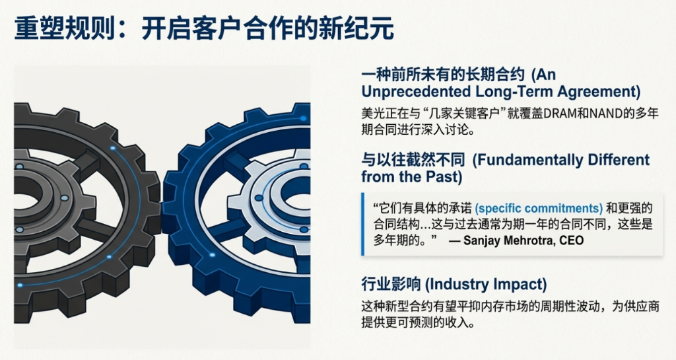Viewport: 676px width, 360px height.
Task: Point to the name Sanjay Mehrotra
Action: coord(503,240)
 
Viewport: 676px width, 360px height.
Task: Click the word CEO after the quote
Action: coord(572,240)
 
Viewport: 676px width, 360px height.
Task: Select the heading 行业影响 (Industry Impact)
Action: coord(454,285)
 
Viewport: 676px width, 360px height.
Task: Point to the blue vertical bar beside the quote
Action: coord(363,224)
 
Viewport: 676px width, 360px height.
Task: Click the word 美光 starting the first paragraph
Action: coord(372,113)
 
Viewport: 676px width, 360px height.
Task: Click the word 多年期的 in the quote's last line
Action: coord(393,240)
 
